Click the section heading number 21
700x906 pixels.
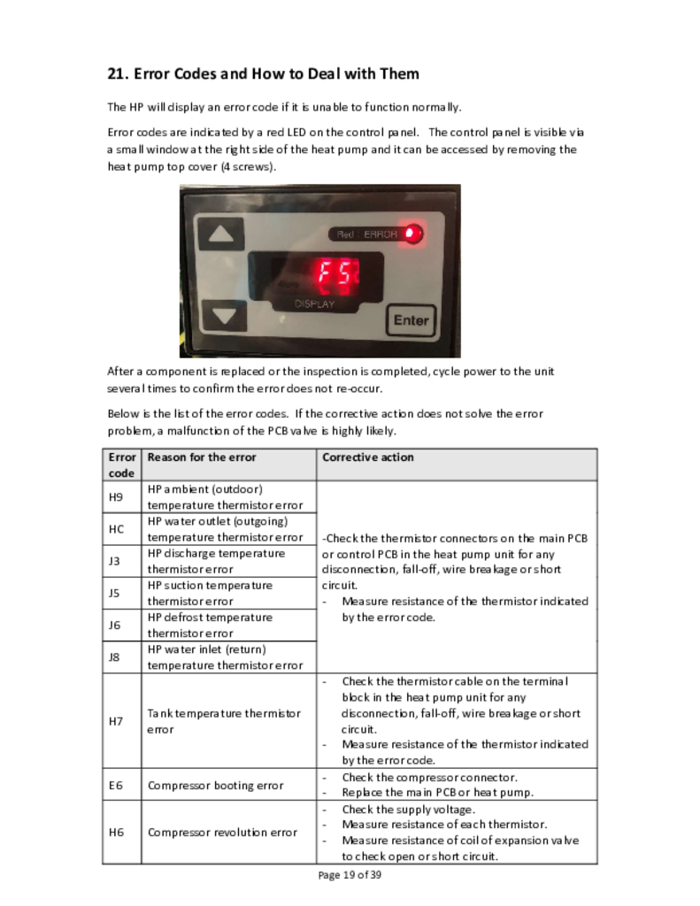[118, 73]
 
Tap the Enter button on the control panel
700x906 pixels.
[411, 320]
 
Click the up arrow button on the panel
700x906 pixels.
[225, 234]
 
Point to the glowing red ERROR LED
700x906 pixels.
[412, 234]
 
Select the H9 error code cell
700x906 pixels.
[116, 496]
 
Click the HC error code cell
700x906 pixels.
[116, 529]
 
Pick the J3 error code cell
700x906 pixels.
[116, 561]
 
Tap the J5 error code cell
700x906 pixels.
[116, 593]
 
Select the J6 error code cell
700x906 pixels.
[116, 625]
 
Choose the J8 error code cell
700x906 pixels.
[116, 656]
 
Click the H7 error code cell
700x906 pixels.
[116, 721]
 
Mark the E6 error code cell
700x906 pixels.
[116, 785]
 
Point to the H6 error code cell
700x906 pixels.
[116, 832]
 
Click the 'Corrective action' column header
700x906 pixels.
[368, 457]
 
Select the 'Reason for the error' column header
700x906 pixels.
[202, 457]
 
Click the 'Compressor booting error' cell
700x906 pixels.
[215, 785]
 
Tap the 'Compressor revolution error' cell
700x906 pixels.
[222, 832]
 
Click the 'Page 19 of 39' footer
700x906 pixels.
[350, 875]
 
